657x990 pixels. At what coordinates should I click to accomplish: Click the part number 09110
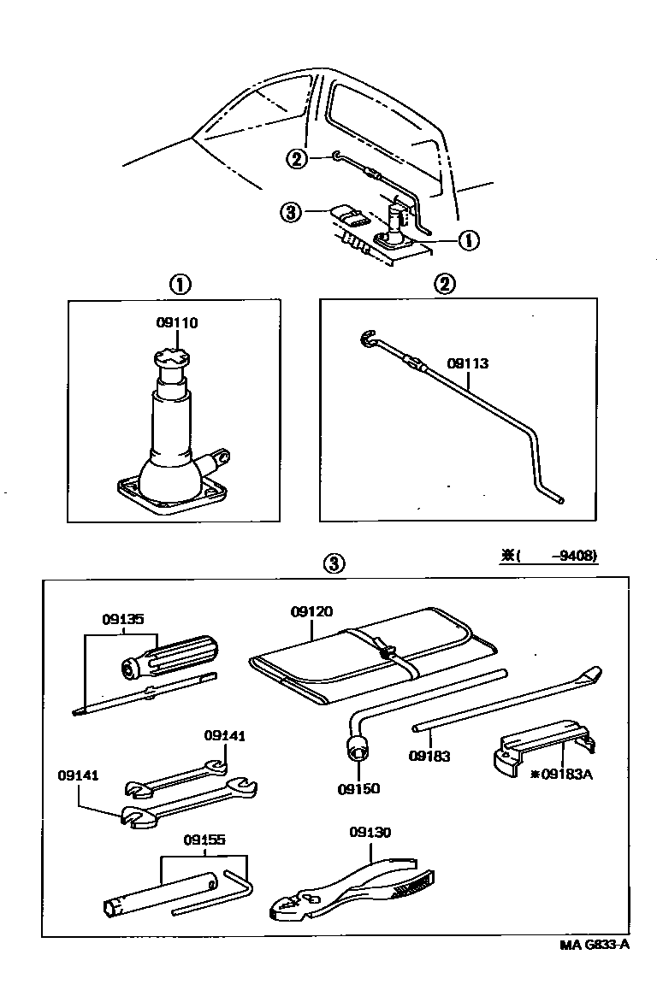(177, 322)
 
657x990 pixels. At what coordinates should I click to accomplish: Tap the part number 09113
(469, 362)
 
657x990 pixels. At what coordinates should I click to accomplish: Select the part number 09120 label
(311, 611)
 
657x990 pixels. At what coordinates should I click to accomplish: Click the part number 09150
(358, 788)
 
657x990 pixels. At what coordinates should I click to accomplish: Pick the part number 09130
(370, 831)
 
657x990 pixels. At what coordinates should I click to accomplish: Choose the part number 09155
(204, 840)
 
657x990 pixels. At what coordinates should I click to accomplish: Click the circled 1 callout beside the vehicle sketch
(467, 241)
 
